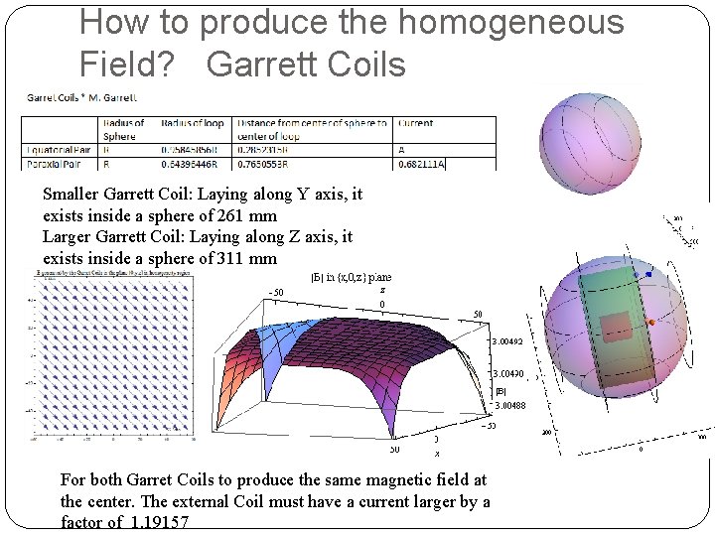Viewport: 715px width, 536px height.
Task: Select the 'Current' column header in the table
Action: coord(415,123)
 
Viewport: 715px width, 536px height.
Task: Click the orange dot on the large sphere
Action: coord(651,324)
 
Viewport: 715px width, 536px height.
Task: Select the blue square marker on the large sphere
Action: coord(648,274)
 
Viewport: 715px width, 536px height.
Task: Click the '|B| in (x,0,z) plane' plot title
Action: coord(354,277)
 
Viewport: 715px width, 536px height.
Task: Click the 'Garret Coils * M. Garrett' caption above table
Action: coord(81,97)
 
